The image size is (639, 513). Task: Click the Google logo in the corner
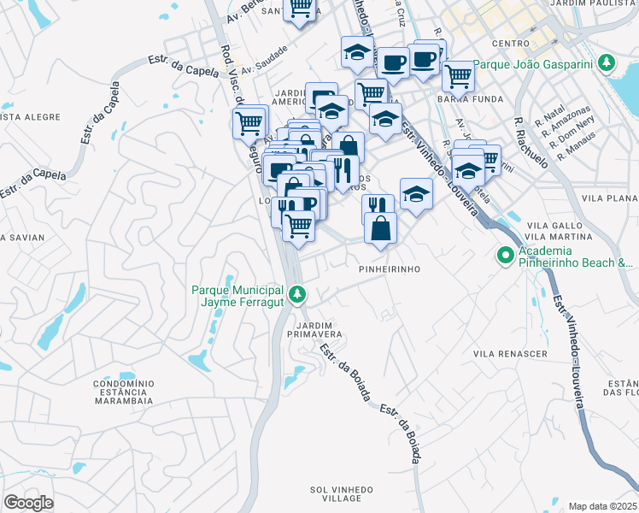click(x=28, y=503)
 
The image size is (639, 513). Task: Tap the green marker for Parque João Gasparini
click(x=607, y=63)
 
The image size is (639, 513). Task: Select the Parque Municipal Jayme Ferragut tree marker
click(x=297, y=294)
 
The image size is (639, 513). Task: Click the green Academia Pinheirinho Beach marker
click(x=506, y=255)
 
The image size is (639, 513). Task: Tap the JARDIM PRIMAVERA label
click(x=319, y=330)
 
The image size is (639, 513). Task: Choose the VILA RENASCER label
click(x=510, y=353)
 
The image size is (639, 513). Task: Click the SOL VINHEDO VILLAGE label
click(x=342, y=493)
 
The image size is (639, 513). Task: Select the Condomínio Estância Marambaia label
click(x=123, y=392)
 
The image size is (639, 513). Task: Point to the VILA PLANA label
click(x=609, y=197)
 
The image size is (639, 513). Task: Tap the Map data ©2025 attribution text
click(x=603, y=506)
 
